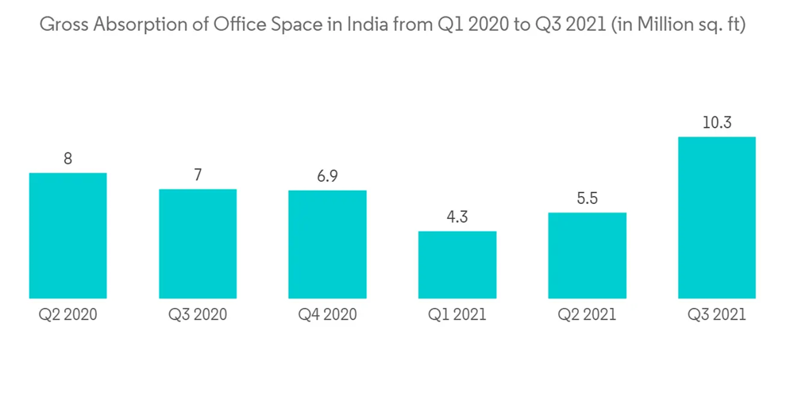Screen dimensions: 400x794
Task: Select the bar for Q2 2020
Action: coord(67,235)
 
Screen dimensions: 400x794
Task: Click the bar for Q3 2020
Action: coord(198,243)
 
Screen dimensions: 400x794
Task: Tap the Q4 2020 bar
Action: coord(327,244)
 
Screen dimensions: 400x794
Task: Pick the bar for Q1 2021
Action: coord(457,264)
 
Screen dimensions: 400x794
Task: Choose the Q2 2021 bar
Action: coord(588,255)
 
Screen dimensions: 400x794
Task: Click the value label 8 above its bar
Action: coord(68,159)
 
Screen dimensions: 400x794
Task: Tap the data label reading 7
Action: coord(198,175)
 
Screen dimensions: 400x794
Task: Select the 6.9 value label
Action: coord(327,176)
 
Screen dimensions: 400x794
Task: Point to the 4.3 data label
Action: coord(457,217)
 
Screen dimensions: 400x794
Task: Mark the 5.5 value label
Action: coord(588,198)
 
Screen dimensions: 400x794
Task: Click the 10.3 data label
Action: coord(717,122)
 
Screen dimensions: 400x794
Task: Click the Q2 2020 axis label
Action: coord(67,315)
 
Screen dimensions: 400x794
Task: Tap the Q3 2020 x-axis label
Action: coord(198,315)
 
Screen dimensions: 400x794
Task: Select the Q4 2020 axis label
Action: coord(327,315)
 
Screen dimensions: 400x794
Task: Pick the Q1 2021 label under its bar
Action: coord(457,315)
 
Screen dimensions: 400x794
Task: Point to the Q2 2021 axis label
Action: coord(588,315)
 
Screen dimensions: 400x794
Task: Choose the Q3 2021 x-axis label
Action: coord(717,315)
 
